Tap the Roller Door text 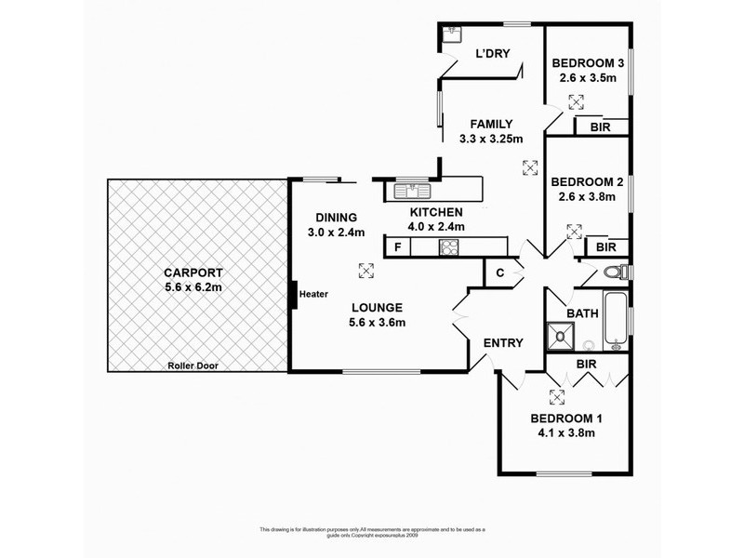193,365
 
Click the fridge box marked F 397,246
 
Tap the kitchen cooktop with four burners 449,246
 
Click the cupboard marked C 499,272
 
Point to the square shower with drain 561,333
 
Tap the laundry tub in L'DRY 452,34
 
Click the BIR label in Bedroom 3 600,127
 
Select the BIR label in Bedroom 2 605,247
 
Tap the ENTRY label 503,343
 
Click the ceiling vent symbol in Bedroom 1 557,398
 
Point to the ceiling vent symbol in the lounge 365,271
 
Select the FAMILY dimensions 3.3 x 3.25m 492,139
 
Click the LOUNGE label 377,307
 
